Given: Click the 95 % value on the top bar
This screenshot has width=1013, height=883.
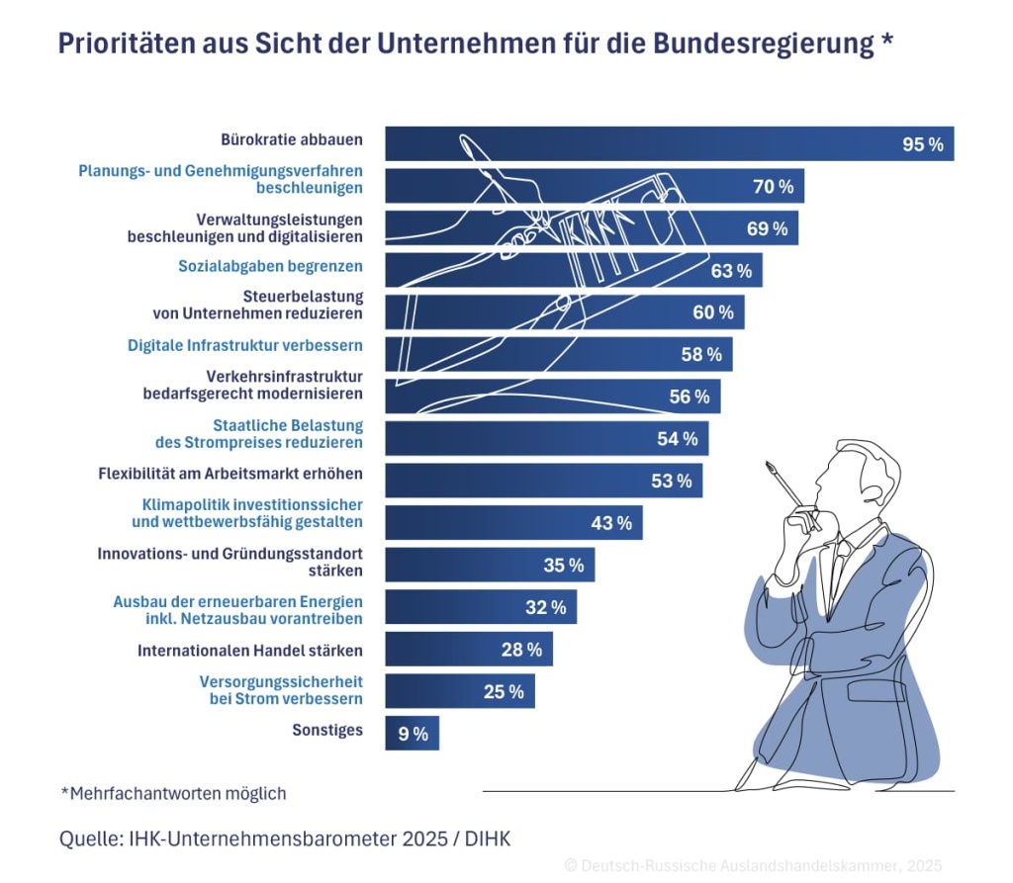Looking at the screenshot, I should click(x=922, y=144).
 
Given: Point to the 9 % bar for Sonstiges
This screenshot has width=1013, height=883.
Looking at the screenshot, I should click(x=412, y=734).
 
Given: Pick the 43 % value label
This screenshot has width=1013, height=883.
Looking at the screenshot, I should click(x=610, y=523).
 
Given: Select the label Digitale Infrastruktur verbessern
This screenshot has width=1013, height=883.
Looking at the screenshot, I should click(x=244, y=346).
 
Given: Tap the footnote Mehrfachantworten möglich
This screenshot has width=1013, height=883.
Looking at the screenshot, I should click(x=173, y=793).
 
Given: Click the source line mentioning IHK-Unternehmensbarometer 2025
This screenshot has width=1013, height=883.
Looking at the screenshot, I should click(x=285, y=839).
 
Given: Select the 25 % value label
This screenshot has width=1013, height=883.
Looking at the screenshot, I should click(x=504, y=692).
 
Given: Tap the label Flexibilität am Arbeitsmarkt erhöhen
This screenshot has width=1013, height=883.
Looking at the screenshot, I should click(x=230, y=473).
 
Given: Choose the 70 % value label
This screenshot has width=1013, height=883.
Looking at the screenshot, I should click(x=772, y=186).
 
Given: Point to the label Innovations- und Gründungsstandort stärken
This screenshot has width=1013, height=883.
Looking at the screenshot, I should click(x=230, y=562).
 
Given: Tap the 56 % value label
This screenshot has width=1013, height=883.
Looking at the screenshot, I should click(x=689, y=397).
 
